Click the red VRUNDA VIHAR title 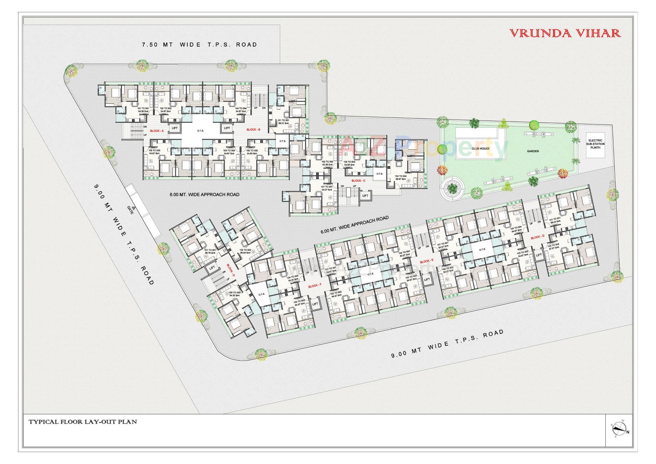pyautogui.click(x=565, y=33)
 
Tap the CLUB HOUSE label pyautogui.click(x=480, y=149)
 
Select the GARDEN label pyautogui.click(x=533, y=151)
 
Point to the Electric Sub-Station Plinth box pyautogui.click(x=595, y=146)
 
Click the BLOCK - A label pyautogui.click(x=157, y=131)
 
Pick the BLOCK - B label pyautogui.click(x=254, y=130)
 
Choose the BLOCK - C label pyautogui.click(x=358, y=180)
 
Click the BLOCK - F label pyautogui.click(x=315, y=286)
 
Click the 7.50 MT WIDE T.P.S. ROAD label pyautogui.click(x=199, y=44)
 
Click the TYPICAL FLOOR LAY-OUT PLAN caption pyautogui.click(x=83, y=422)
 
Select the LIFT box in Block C pyautogui.click(x=365, y=195)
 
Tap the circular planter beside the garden pyautogui.click(x=452, y=188)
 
